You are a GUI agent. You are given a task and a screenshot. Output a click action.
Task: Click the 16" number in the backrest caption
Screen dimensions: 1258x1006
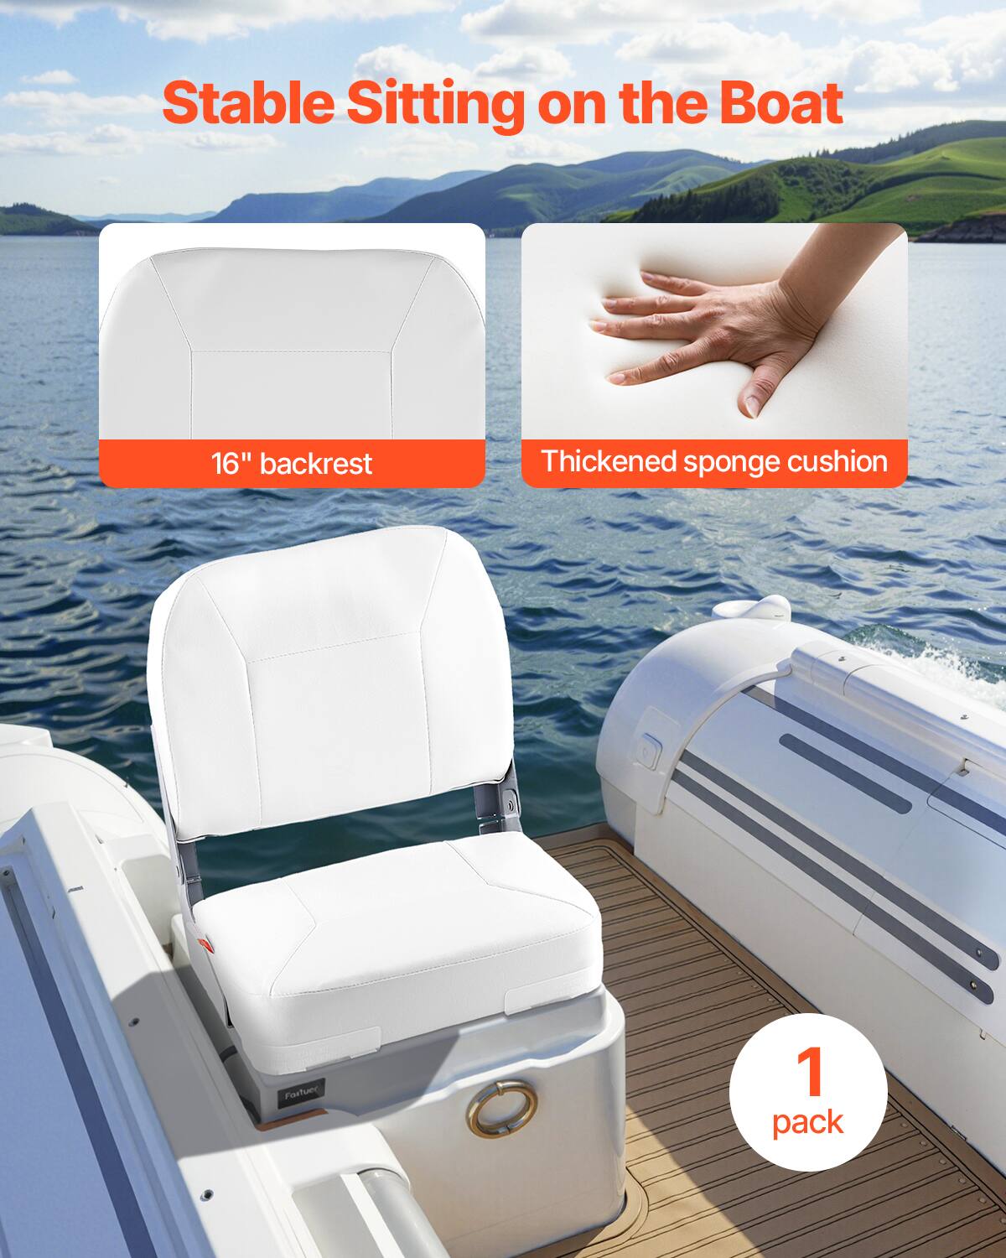pyautogui.click(x=226, y=462)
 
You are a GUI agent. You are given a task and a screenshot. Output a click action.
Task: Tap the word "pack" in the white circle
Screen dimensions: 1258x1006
pyautogui.click(x=808, y=1121)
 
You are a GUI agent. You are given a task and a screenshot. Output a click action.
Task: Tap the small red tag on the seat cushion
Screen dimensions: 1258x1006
pyautogui.click(x=209, y=944)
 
